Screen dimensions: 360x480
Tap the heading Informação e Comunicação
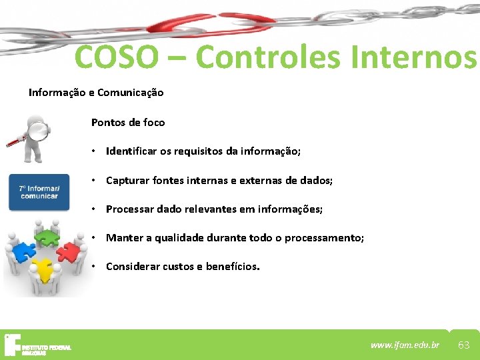(x=95, y=93)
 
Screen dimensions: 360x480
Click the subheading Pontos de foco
(x=128, y=123)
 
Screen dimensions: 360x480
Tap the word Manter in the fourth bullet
(x=123, y=238)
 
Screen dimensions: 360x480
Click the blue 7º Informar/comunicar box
(x=39, y=192)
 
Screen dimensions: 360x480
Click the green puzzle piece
(x=47, y=236)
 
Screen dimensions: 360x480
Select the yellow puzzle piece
(x=44, y=270)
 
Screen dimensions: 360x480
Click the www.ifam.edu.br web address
(x=405, y=345)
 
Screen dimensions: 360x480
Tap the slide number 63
(x=464, y=345)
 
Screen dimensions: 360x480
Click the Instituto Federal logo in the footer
(x=37, y=345)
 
